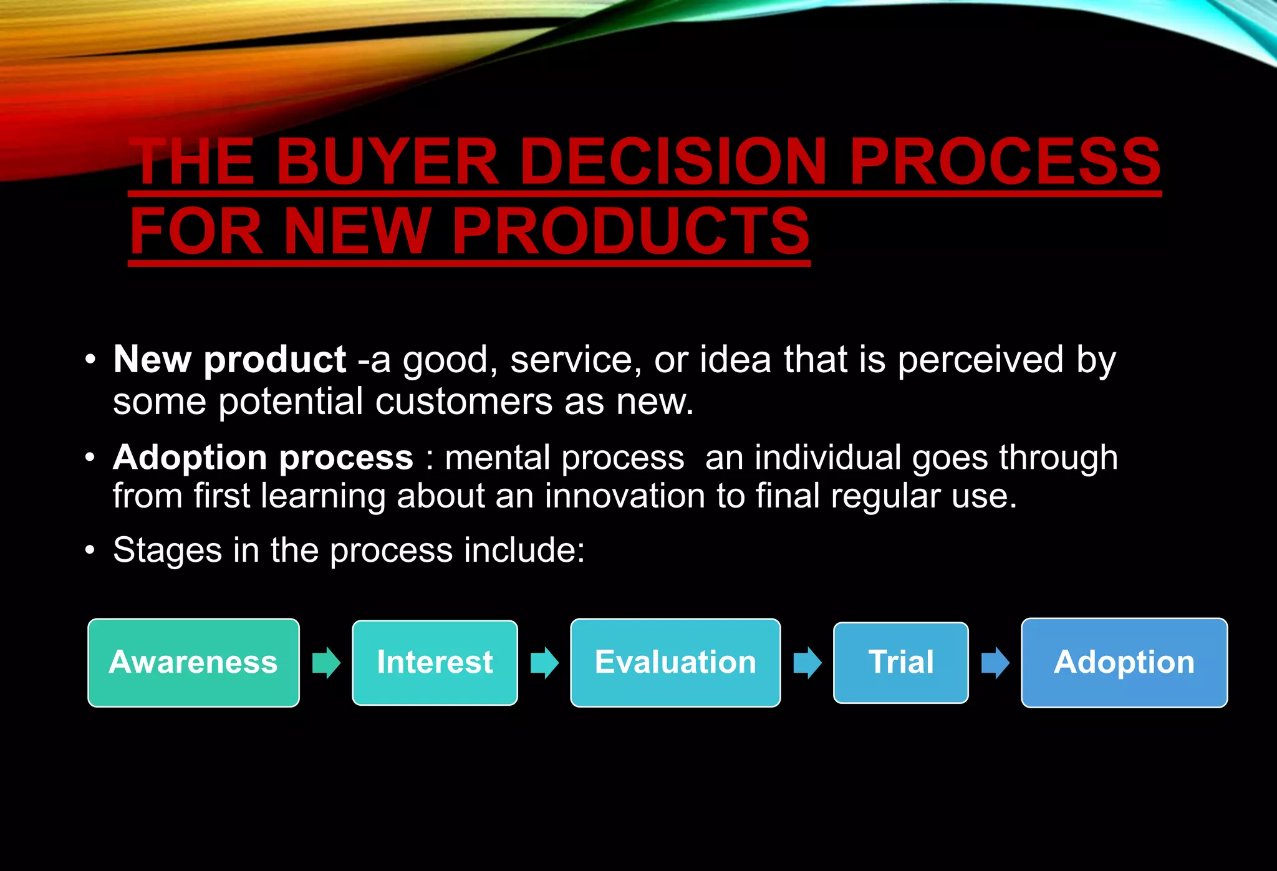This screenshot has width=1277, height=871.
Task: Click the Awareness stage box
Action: click(193, 662)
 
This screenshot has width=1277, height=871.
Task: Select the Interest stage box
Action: click(435, 662)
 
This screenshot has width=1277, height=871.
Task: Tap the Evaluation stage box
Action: click(675, 662)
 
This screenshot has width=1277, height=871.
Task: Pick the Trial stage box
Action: click(900, 662)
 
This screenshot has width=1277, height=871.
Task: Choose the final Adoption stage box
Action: click(1124, 662)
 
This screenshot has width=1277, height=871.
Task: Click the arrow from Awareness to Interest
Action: click(326, 662)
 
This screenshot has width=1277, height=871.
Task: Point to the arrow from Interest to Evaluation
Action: click(544, 662)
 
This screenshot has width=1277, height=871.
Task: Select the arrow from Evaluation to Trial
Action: click(807, 662)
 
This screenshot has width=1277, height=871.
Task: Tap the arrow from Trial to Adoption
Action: click(995, 662)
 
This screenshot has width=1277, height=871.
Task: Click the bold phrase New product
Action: click(229, 360)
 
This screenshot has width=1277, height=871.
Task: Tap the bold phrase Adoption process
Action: click(263, 458)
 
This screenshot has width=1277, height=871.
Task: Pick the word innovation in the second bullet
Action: click(625, 496)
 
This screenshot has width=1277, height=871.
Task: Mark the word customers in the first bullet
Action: click(463, 401)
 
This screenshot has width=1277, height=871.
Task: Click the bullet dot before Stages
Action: click(91, 551)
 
